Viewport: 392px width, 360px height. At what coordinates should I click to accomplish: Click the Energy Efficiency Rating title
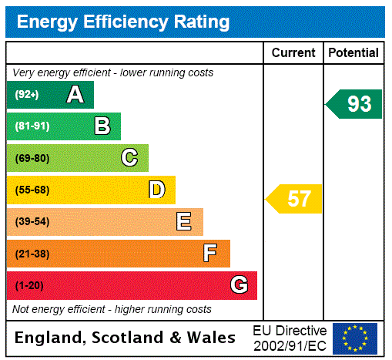pos(123,22)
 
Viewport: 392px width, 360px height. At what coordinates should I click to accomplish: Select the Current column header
pos(293,53)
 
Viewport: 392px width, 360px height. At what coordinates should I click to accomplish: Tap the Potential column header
pos(353,53)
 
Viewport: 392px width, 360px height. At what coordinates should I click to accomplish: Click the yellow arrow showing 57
pos(295,199)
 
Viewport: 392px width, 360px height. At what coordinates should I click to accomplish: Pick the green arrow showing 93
pos(355,104)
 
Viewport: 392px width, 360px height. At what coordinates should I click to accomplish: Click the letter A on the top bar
pos(75,95)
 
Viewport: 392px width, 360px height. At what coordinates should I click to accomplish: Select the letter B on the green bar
pos(102,126)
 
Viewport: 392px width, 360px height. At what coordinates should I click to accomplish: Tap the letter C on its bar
pos(129,158)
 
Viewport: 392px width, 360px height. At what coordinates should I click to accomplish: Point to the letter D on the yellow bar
pos(156,190)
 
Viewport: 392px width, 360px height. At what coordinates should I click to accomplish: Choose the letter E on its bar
pos(184,222)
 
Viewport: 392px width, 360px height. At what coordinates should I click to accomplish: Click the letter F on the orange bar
pos(210,254)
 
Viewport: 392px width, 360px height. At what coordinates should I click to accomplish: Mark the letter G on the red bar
pos(239,285)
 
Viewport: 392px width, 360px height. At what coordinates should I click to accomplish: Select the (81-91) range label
pos(32,126)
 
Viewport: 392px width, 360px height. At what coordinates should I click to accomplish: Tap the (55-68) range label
pos(32,190)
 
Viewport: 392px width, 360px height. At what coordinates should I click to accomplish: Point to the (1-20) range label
pos(29,285)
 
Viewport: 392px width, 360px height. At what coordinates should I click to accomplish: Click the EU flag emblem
pos(355,338)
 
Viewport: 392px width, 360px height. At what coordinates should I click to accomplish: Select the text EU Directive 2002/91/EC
pos(290,338)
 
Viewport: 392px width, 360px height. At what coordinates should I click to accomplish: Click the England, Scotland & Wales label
pos(126,338)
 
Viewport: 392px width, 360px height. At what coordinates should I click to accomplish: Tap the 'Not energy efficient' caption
pos(112,309)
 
